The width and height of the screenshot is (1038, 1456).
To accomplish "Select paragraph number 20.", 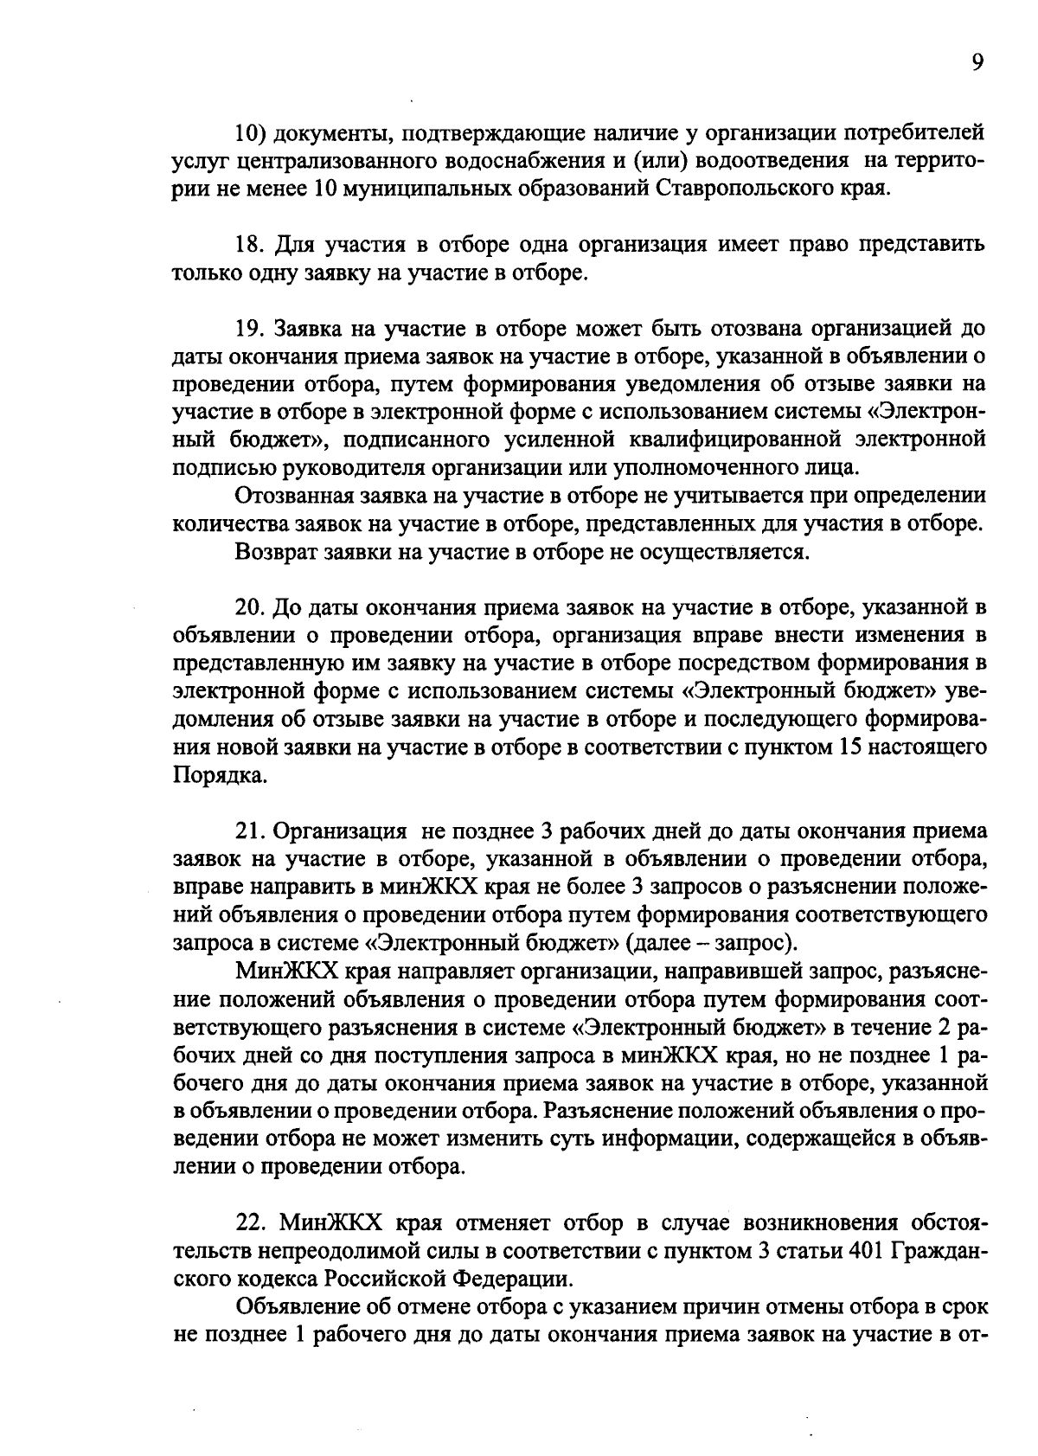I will pyautogui.click(x=249, y=611).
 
